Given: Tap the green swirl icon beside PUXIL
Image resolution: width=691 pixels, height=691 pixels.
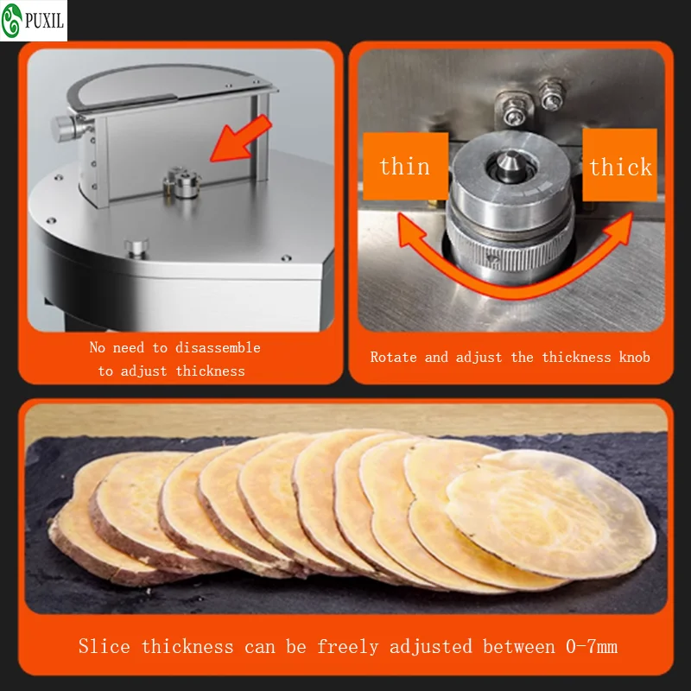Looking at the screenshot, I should coord(11,21).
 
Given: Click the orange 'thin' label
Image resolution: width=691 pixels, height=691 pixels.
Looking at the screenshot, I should coord(404,166).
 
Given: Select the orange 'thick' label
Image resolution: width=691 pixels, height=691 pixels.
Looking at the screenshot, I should coord(620,166).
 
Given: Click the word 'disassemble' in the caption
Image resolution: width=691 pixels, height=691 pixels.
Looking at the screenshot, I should coord(217,347).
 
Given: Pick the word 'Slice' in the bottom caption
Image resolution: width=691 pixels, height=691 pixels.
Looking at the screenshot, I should coord(105,646).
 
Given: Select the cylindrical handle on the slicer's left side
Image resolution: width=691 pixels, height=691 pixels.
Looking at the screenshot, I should coord(64,127).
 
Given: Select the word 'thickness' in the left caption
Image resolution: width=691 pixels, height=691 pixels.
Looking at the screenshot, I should coord(210,371).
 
